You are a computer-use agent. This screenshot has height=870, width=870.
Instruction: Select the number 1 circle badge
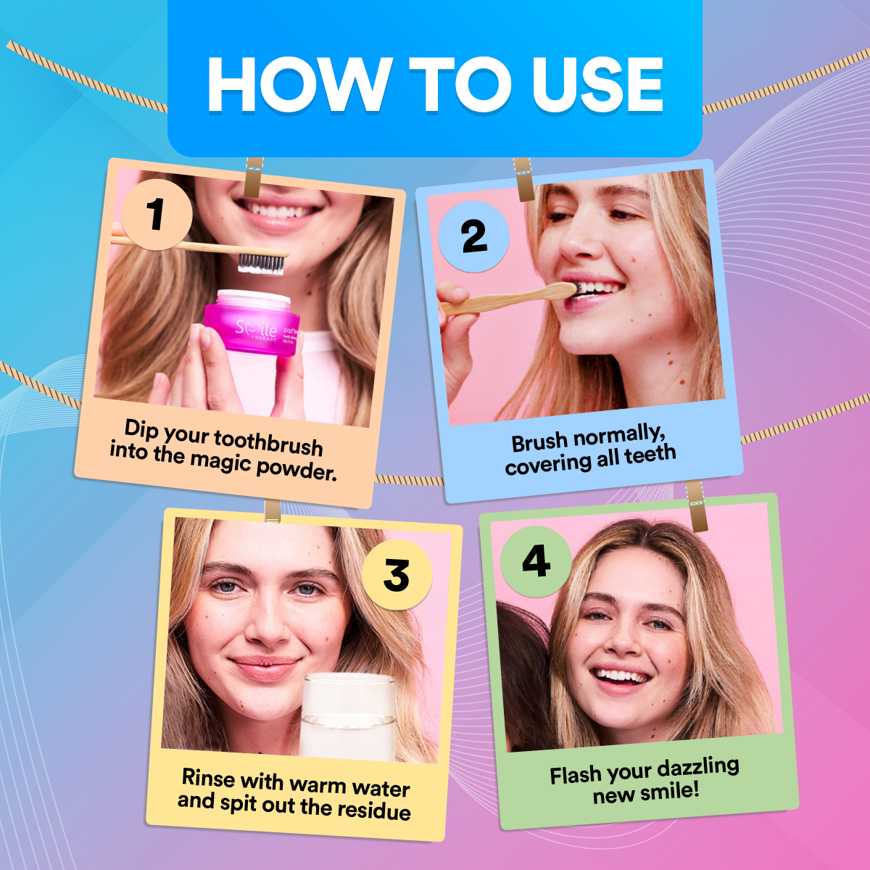156,215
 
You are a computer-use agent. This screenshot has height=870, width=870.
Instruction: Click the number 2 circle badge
474,236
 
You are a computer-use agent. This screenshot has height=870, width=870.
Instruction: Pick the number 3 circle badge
397,575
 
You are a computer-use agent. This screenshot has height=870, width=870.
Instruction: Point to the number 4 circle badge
536,561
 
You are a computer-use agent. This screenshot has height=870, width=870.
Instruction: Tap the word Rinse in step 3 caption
208,778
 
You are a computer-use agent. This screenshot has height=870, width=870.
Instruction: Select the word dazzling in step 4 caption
697,768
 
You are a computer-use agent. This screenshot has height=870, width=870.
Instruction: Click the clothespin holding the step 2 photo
523,179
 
